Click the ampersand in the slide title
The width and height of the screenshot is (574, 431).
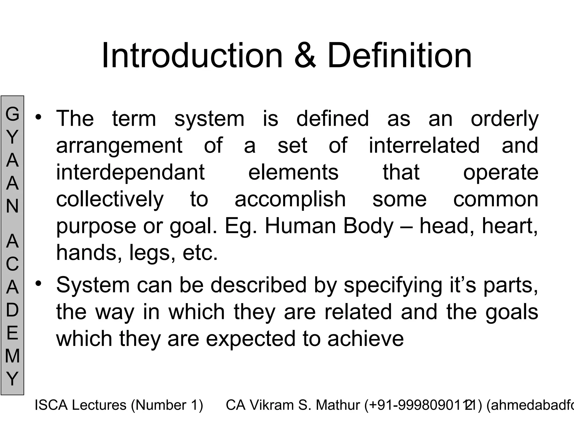tap(305, 56)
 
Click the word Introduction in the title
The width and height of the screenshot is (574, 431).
tap(192, 56)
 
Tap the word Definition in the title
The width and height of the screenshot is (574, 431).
tap(400, 56)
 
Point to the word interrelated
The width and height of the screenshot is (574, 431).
tap(424, 145)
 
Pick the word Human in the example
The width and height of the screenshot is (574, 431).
tap(300, 226)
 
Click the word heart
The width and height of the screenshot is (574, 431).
tap(509, 226)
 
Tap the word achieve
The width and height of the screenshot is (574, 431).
tap(365, 338)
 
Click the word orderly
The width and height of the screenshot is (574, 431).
tap(504, 119)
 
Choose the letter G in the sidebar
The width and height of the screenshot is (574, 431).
tap(12, 114)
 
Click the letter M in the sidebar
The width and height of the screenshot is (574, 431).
tap(12, 356)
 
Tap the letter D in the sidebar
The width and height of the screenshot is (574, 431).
tap(12, 310)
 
